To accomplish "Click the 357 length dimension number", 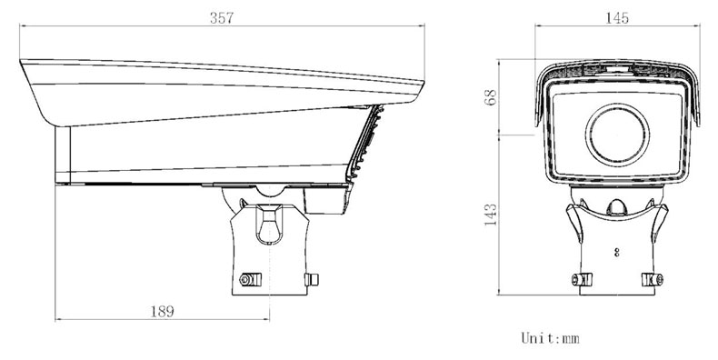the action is [222, 18].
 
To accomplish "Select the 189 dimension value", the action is [163, 312].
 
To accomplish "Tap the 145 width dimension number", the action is [617, 18].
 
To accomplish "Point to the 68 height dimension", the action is [491, 97].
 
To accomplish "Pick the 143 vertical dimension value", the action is [491, 215].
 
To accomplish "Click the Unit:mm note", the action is [550, 338].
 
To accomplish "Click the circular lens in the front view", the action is [617, 135].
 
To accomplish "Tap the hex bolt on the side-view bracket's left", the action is [251, 279].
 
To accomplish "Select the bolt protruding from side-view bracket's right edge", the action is [312, 279].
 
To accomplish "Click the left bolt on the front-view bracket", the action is [582, 279].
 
